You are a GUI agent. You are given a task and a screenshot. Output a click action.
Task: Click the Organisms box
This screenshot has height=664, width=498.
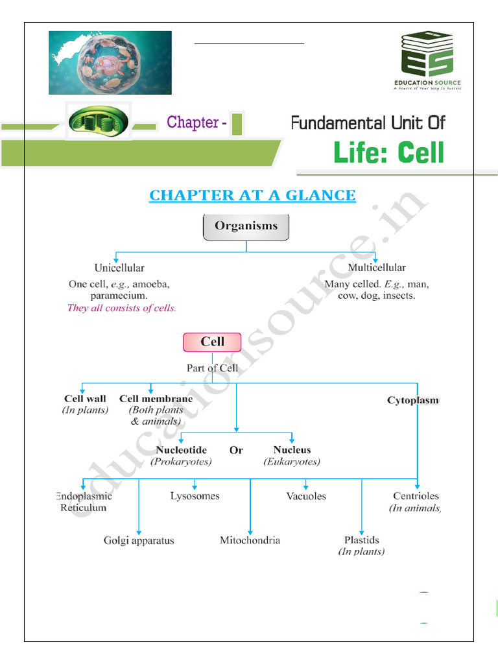(x=246, y=226)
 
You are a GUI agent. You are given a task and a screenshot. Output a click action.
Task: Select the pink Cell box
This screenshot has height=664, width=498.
(x=212, y=342)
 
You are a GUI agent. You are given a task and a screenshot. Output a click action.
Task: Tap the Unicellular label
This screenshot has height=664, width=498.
(x=119, y=267)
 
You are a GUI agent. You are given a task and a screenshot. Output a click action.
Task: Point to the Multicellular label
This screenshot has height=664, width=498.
(x=377, y=267)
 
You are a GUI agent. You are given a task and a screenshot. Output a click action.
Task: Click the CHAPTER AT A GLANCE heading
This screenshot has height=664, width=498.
(x=252, y=195)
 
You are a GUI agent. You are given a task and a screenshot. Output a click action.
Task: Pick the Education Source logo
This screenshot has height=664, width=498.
(x=426, y=62)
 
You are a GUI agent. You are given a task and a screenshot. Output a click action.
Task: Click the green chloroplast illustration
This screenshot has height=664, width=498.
(x=99, y=121)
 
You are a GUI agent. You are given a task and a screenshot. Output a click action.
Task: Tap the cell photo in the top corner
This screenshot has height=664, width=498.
(x=110, y=63)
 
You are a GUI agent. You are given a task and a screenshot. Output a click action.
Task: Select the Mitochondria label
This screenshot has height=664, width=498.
(x=250, y=539)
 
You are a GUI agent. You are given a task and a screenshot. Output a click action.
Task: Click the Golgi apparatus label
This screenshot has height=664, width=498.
(x=139, y=540)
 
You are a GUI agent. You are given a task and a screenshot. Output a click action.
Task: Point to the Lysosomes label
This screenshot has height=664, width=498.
(x=195, y=496)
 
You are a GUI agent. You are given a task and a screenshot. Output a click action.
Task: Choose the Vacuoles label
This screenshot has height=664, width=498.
(x=306, y=496)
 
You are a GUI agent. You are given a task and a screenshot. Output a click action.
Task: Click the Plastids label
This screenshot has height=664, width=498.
(x=362, y=539)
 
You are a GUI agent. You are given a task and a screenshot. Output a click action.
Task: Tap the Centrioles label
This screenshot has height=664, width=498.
(x=416, y=496)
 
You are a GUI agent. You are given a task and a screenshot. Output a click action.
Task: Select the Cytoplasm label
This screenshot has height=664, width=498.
(x=413, y=401)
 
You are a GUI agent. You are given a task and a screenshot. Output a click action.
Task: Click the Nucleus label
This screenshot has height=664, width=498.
(x=292, y=449)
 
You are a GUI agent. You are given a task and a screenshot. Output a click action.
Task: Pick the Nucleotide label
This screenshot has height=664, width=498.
(x=182, y=449)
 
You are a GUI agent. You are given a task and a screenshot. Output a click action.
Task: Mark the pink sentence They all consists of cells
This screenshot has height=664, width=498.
(x=121, y=308)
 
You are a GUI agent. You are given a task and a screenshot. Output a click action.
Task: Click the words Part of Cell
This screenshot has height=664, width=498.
(x=212, y=368)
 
